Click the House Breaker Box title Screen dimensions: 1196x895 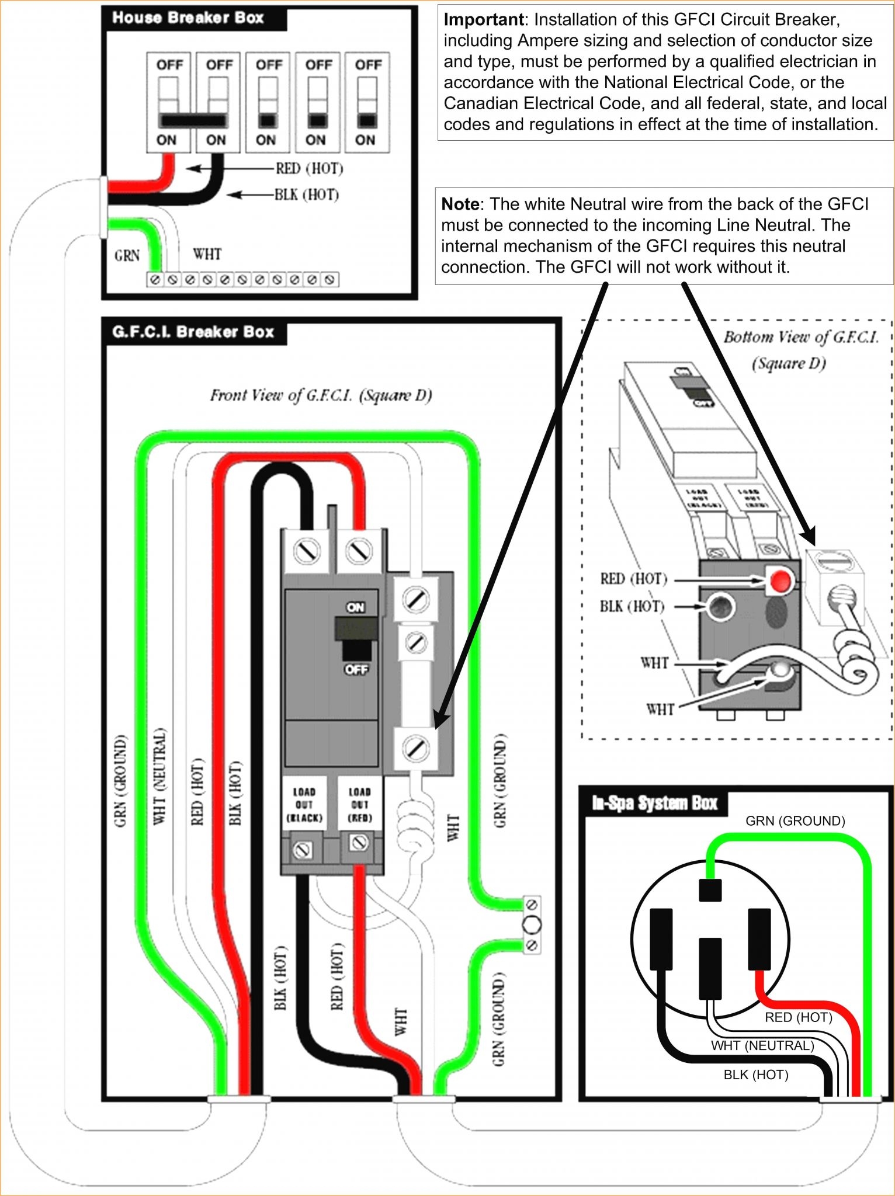coord(188,18)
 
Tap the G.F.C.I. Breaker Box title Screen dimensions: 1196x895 coord(193,332)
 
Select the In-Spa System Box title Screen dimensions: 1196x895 coord(654,804)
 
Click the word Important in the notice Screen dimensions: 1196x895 coord(483,20)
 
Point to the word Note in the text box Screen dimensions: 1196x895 coord(460,204)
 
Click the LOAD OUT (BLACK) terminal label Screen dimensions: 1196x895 coord(304,805)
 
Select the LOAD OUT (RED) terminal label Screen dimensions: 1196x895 coord(359,805)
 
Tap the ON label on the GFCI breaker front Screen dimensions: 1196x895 coord(355,607)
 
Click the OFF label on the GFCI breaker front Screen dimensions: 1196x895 coord(356,669)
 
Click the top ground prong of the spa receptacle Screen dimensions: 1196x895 coord(710,891)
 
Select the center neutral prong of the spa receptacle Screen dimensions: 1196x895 coord(710,968)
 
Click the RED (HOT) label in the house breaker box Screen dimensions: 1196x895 coord(309,169)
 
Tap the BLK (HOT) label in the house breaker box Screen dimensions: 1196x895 coord(307,194)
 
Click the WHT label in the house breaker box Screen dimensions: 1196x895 coord(207,254)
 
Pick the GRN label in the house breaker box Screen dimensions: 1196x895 coord(127,256)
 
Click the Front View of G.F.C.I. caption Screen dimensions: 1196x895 coord(321,396)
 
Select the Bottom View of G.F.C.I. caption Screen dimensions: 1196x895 coord(800,349)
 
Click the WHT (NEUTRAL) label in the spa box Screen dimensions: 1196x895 coord(762,1045)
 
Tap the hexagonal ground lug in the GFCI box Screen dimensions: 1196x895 coord(532,924)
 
